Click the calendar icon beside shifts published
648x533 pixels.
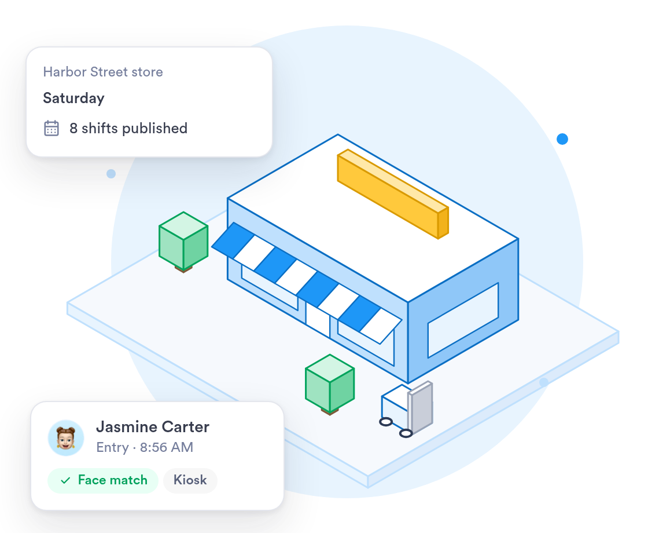(51, 128)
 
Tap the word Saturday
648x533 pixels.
(73, 98)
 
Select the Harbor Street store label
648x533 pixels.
(103, 72)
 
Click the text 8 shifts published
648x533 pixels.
(128, 128)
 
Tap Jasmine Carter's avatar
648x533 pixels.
(66, 438)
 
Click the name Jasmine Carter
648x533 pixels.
(153, 426)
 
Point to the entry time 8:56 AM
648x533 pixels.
(167, 447)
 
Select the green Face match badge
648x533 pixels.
(103, 480)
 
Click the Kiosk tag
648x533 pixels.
(190, 480)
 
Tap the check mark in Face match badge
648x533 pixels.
(65, 480)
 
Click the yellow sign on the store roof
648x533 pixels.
(393, 194)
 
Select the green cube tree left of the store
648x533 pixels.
(183, 242)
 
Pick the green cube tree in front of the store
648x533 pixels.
(330, 384)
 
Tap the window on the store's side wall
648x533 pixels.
(463, 320)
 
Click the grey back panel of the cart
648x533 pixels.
(421, 408)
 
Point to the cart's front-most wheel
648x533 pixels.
(406, 433)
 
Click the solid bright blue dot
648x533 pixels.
(562, 139)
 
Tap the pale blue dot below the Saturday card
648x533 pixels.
(111, 174)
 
